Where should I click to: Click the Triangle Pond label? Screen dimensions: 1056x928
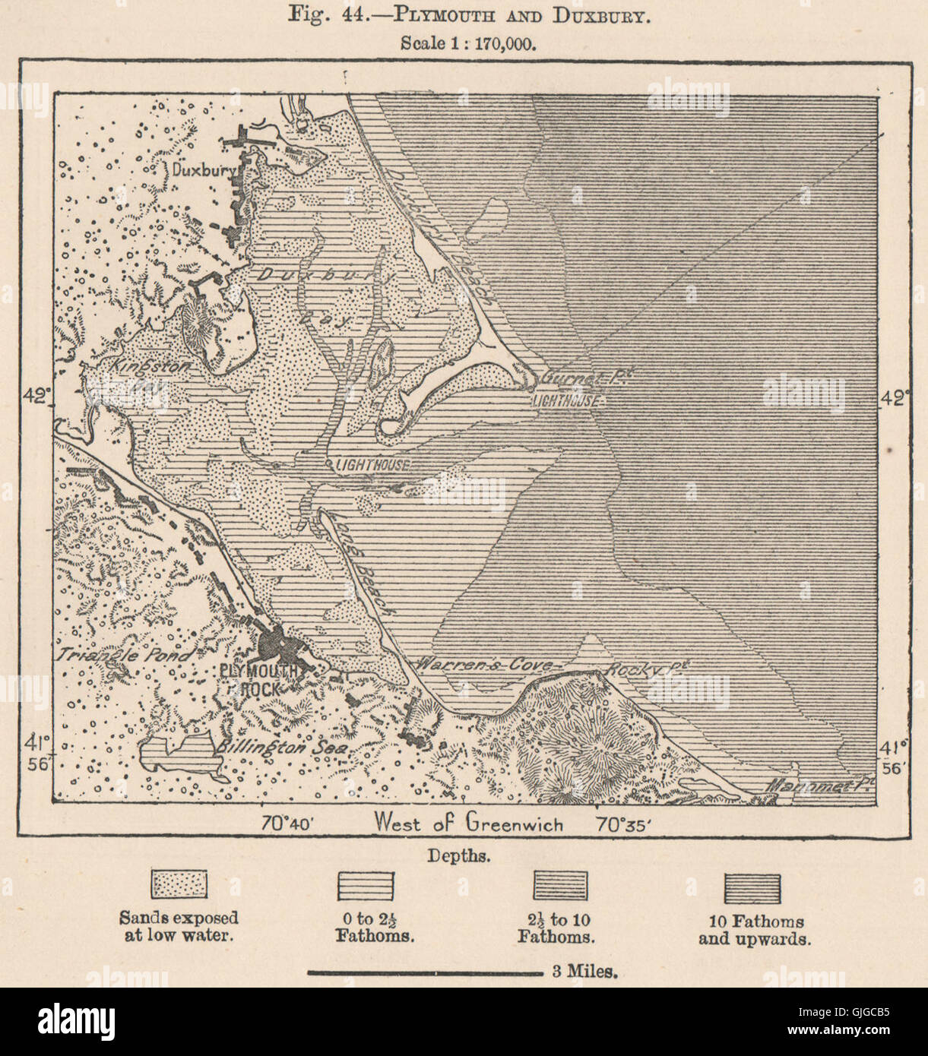pos(123,654)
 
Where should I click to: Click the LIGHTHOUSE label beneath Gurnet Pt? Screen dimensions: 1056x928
pos(566,399)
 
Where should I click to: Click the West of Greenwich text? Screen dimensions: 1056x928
pos(468,824)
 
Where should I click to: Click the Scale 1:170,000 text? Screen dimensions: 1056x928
pos(468,43)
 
